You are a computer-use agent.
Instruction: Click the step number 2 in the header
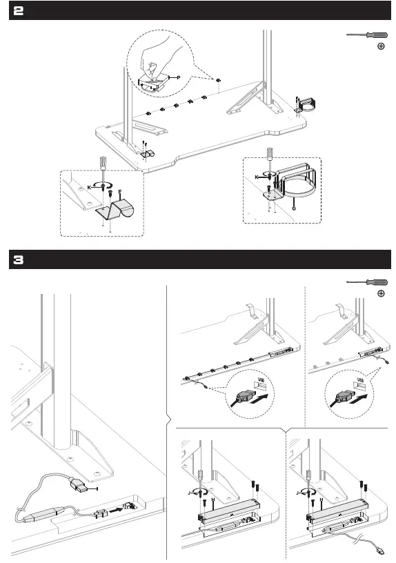click(x=19, y=10)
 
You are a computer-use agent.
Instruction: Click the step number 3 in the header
click(x=19, y=260)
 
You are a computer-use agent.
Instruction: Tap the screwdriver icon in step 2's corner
click(x=366, y=35)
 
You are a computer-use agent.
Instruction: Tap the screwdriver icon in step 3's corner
click(x=366, y=281)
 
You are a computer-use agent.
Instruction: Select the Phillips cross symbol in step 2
click(x=380, y=47)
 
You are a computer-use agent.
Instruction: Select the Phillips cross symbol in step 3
click(x=380, y=293)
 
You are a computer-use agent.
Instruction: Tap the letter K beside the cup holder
click(x=257, y=177)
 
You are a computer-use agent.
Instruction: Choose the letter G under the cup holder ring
click(x=293, y=206)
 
